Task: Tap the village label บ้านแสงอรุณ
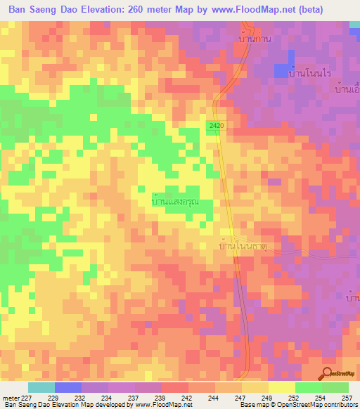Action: (x=176, y=201)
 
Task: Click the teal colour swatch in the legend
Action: (x=41, y=387)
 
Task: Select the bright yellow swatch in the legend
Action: (x=281, y=387)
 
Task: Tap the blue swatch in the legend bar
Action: (x=67, y=387)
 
